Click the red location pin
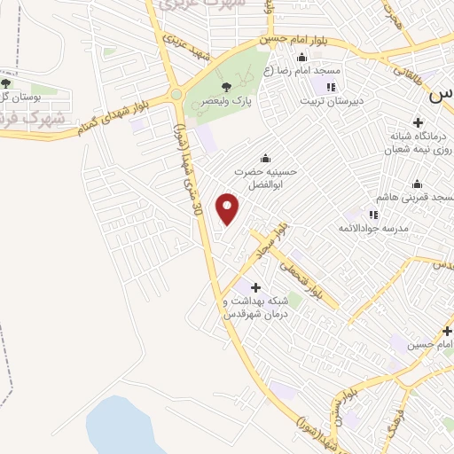pos(229,208)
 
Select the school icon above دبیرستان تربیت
pos(330,87)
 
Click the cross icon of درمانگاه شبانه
pos(416,122)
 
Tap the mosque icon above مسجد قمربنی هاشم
pos(416,184)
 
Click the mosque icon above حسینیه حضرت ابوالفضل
pos(264,159)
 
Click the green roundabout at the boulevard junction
pos(176,94)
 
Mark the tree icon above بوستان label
pos(6,83)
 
